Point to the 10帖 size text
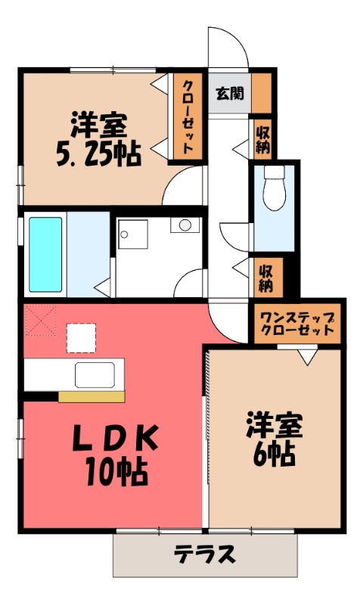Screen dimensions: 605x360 [x=116, y=472]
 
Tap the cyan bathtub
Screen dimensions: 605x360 [x=45, y=254]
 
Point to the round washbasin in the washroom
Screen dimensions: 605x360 [x=185, y=225]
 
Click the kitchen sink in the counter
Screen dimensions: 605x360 [x=94, y=375]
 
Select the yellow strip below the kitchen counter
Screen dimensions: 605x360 [x=91, y=396]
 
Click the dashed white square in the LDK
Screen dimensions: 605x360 [x=81, y=337]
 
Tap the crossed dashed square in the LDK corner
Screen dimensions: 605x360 [x=39, y=319]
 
